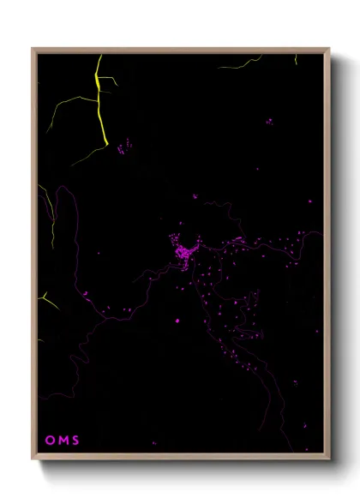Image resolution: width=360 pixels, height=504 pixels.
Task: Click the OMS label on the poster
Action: pyautogui.click(x=62, y=441)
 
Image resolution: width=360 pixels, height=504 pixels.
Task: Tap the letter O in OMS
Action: pyautogui.click(x=50, y=441)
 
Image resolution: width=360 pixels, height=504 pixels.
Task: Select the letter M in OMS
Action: pyautogui.click(x=63, y=441)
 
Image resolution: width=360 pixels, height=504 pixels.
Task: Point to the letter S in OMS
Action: pyautogui.click(x=75, y=441)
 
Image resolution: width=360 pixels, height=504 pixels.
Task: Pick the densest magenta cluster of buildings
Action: pyautogui.click(x=183, y=254)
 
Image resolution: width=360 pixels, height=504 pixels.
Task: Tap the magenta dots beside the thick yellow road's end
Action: pyautogui.click(x=124, y=147)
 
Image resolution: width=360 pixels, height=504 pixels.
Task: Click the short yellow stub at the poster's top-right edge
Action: pyautogui.click(x=297, y=59)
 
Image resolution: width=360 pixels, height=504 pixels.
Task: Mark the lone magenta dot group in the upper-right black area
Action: pyautogui.click(x=269, y=122)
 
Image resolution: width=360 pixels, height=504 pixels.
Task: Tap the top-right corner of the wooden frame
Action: pyautogui.click(x=328, y=50)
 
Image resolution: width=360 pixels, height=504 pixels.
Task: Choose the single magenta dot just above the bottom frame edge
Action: pyautogui.click(x=154, y=443)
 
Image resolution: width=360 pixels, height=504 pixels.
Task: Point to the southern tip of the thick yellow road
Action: pyautogui.click(x=105, y=144)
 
